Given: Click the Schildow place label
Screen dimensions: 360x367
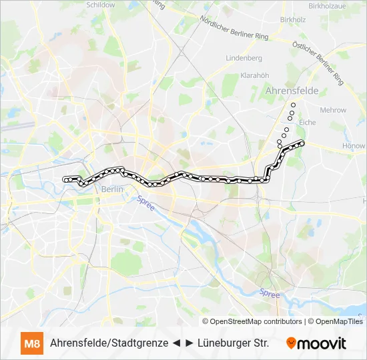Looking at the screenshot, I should (101, 4).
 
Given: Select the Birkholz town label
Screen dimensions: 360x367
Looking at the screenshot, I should (292, 19).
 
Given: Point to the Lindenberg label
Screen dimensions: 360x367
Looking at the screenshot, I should (244, 58).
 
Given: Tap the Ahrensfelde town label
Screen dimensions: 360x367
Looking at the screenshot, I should (292, 90).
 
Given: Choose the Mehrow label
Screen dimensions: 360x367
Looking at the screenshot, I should (333, 110).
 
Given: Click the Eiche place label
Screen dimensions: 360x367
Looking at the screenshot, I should (308, 122).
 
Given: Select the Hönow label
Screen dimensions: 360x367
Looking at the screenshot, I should (353, 145).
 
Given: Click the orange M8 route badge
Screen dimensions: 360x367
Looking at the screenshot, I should (31, 344).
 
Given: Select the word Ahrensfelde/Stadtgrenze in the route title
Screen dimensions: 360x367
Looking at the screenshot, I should (109, 344).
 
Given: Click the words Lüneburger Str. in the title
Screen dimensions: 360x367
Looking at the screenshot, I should (234, 344).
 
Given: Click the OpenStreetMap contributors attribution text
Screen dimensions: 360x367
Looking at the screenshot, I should (256, 321).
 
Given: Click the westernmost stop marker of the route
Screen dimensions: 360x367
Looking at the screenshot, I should (65, 179).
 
